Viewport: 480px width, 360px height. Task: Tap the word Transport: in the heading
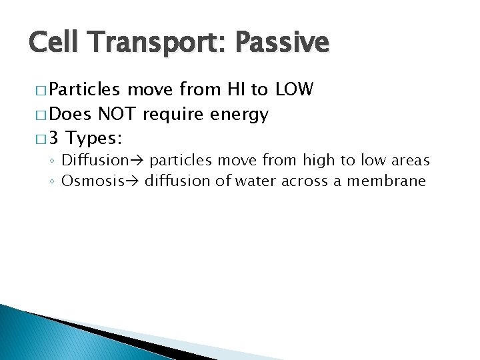[155, 43]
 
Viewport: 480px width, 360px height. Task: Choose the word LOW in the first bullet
[294, 90]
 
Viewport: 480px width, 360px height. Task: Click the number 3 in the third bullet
[55, 139]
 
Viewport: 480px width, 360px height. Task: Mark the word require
[174, 115]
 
